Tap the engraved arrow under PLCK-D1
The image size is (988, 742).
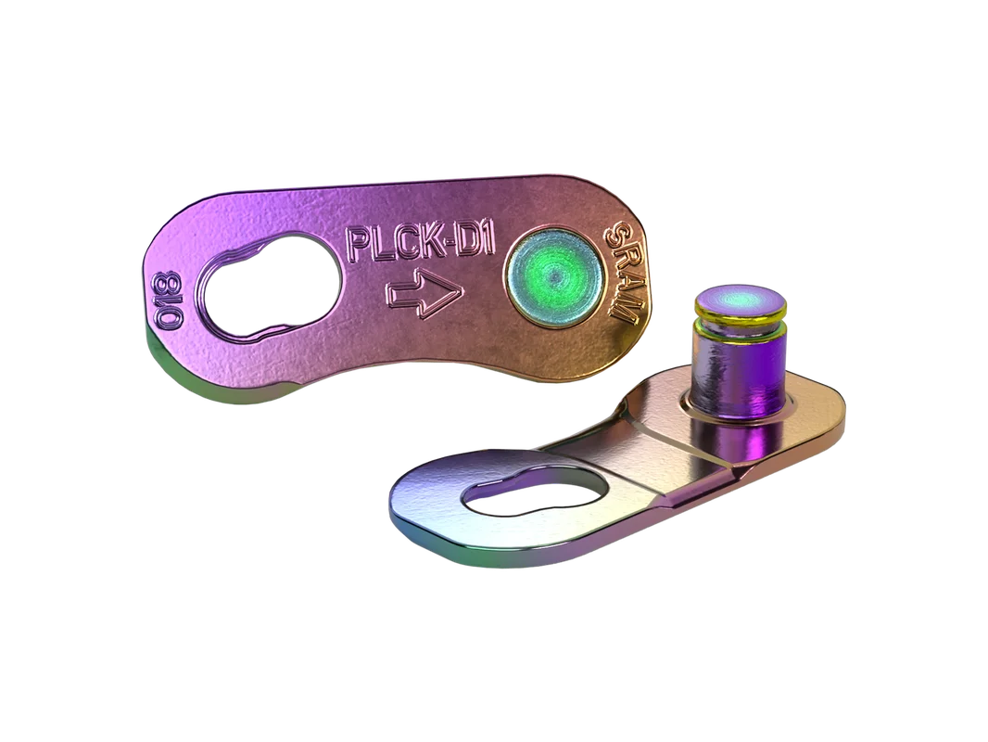(425, 294)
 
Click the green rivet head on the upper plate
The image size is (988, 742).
(554, 278)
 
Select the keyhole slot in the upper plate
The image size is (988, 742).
(269, 289)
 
